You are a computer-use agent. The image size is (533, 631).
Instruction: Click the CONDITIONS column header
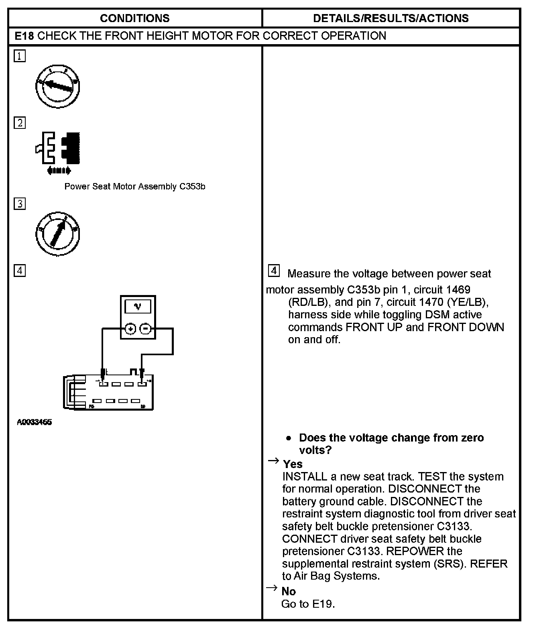[x=134, y=18]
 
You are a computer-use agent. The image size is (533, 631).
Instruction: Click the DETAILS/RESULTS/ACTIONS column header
[x=391, y=18]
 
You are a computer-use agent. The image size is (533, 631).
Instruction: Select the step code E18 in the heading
[x=24, y=36]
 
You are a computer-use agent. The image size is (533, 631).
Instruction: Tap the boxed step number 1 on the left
[x=20, y=56]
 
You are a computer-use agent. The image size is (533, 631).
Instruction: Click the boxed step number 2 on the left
[x=20, y=123]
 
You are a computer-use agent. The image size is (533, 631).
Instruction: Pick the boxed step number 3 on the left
[x=20, y=204]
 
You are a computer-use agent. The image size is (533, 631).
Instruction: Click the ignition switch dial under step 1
[x=57, y=87]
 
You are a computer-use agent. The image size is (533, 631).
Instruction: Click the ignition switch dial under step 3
[x=57, y=234]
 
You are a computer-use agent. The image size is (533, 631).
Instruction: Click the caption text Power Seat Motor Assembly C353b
[x=135, y=187]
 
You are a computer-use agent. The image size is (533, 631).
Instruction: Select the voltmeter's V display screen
[x=138, y=307]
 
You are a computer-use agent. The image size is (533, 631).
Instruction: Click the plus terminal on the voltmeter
[x=130, y=329]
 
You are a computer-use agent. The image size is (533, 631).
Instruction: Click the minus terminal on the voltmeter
[x=146, y=329]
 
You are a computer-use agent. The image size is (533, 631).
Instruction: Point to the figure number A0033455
[x=35, y=422]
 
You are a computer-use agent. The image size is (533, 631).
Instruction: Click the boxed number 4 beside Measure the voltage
[x=273, y=271]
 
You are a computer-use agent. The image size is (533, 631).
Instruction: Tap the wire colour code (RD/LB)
[x=306, y=302]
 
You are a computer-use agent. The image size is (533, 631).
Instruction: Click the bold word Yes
[x=293, y=464]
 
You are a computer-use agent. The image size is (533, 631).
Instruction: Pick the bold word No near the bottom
[x=289, y=591]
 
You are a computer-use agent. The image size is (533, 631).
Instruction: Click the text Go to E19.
[x=308, y=604]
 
